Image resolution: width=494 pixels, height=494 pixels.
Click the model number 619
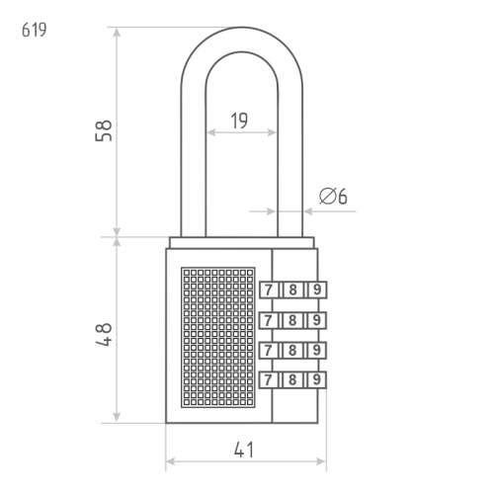click(x=35, y=30)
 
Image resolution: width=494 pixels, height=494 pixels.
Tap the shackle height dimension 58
click(x=104, y=130)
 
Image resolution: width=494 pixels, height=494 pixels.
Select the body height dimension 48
click(x=104, y=335)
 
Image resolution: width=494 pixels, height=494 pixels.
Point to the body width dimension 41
click(x=244, y=450)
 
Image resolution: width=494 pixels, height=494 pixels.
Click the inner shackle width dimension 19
click(x=239, y=121)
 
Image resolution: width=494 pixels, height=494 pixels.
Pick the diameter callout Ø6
click(x=333, y=196)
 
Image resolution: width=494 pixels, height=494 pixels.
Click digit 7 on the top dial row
click(x=269, y=290)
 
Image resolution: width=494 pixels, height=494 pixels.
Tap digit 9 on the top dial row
click(x=317, y=289)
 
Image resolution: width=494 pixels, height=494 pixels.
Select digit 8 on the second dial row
click(x=292, y=320)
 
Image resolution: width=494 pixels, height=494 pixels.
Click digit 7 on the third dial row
click(x=269, y=350)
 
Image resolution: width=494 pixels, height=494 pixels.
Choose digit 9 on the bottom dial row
click(x=316, y=379)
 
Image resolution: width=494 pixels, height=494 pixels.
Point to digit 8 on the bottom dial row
click(x=292, y=380)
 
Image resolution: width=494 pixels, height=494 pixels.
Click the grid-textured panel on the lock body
click(x=218, y=337)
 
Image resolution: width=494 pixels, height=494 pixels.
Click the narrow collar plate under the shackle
click(x=242, y=242)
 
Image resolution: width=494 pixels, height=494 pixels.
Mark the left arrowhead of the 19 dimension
click(x=210, y=132)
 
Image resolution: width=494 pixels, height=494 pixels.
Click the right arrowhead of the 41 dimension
click(x=321, y=461)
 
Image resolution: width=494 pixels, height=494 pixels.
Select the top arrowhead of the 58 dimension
click(x=117, y=32)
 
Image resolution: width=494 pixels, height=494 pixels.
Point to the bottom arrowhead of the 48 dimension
click(x=117, y=417)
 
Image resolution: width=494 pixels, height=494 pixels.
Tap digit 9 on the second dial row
click(x=316, y=320)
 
